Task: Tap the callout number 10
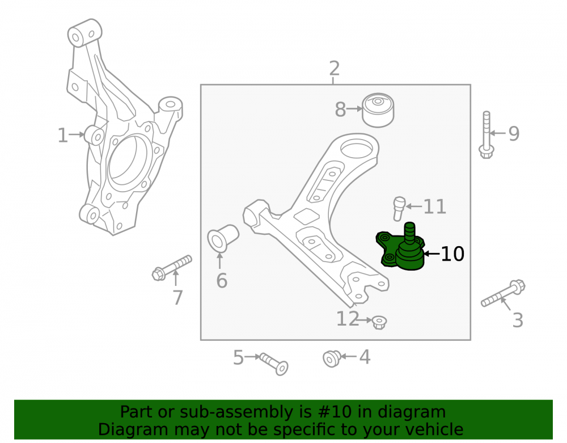coord(452,254)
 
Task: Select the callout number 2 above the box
coord(334,68)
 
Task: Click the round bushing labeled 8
coord(378,110)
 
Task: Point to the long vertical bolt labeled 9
coord(486,135)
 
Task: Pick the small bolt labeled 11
coord(399,209)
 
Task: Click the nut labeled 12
coord(379,322)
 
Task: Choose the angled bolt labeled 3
coord(503,293)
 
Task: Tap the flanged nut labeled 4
coord(332,358)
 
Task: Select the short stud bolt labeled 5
coord(274,364)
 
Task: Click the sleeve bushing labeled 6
coord(223,238)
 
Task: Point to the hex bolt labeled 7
coord(172,268)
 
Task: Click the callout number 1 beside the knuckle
coord(62,136)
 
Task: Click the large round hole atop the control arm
coord(357,147)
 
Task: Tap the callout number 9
coord(514,133)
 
